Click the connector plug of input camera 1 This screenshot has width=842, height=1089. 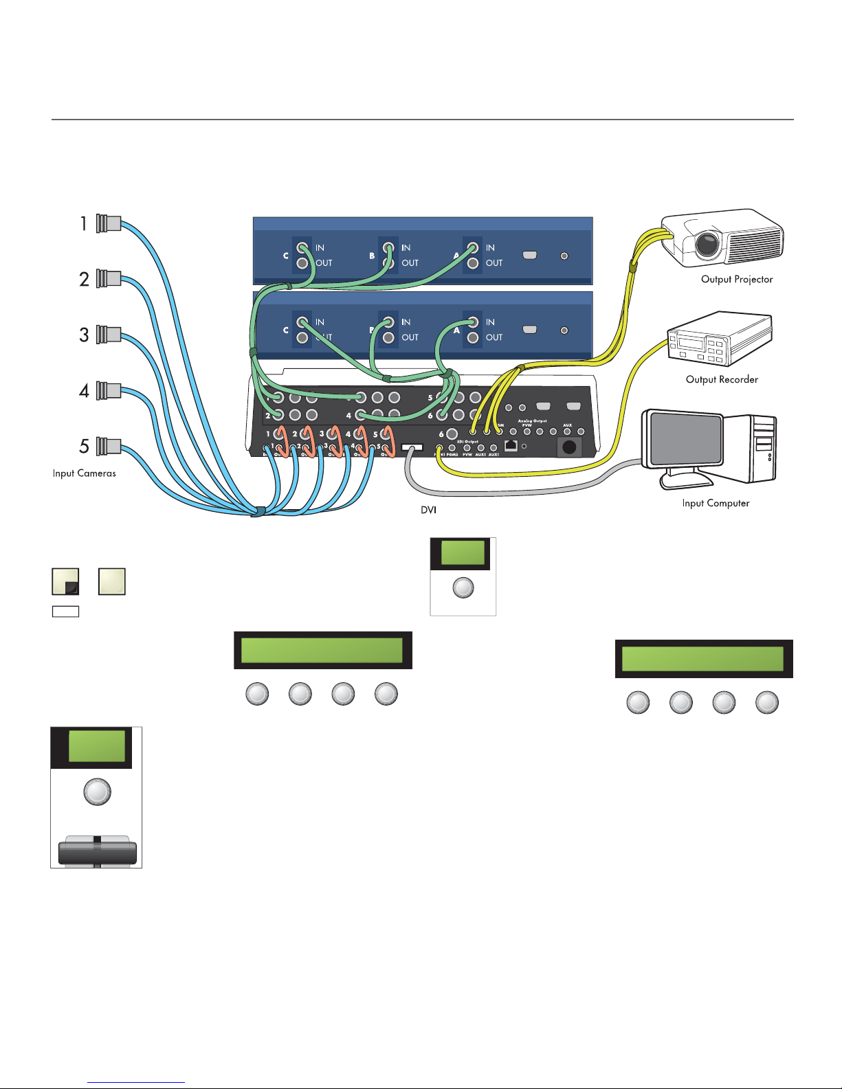pyautogui.click(x=109, y=223)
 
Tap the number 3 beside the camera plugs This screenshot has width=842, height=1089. pyautogui.click(x=84, y=335)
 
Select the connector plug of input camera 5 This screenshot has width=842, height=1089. pyautogui.click(x=109, y=446)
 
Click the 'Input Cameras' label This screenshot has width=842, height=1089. pyautogui.click(x=85, y=473)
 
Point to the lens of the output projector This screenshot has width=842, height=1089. pyautogui.click(x=707, y=243)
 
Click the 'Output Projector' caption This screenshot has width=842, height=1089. pyautogui.click(x=737, y=280)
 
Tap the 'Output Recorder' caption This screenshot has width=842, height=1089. pyautogui.click(x=722, y=379)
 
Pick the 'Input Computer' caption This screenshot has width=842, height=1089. pyautogui.click(x=716, y=504)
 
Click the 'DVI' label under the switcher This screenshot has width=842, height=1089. pyautogui.click(x=428, y=510)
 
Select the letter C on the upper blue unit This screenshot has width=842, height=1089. pyautogui.click(x=286, y=256)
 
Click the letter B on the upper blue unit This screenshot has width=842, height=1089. pyautogui.click(x=372, y=256)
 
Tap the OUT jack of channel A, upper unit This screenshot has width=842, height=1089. pyautogui.click(x=473, y=263)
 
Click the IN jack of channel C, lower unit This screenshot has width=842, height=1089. pyautogui.click(x=302, y=322)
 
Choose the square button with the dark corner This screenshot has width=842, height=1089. pyautogui.click(x=65, y=581)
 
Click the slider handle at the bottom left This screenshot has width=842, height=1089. pyautogui.click(x=97, y=852)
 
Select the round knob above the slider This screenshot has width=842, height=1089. pyautogui.click(x=97, y=792)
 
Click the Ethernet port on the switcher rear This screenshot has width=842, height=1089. pyautogui.click(x=511, y=445)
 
